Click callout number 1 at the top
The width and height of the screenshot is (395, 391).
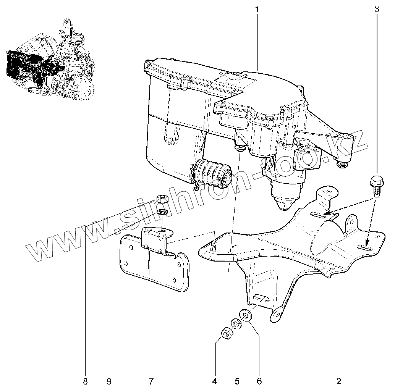pos(257,9)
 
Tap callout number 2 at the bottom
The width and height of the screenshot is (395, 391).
pos(338,381)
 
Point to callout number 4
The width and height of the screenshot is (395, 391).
pos(215,381)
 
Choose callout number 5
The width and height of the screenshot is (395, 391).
pos(237,381)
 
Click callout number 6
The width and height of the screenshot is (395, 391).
pos(259,381)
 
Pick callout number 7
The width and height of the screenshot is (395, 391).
pos(151,381)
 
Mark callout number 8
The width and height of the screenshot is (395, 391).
pos(85,381)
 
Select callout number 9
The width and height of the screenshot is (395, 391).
pos(109,381)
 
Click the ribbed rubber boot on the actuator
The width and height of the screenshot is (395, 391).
pos(212,174)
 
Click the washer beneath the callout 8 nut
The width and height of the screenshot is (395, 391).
pos(162,212)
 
